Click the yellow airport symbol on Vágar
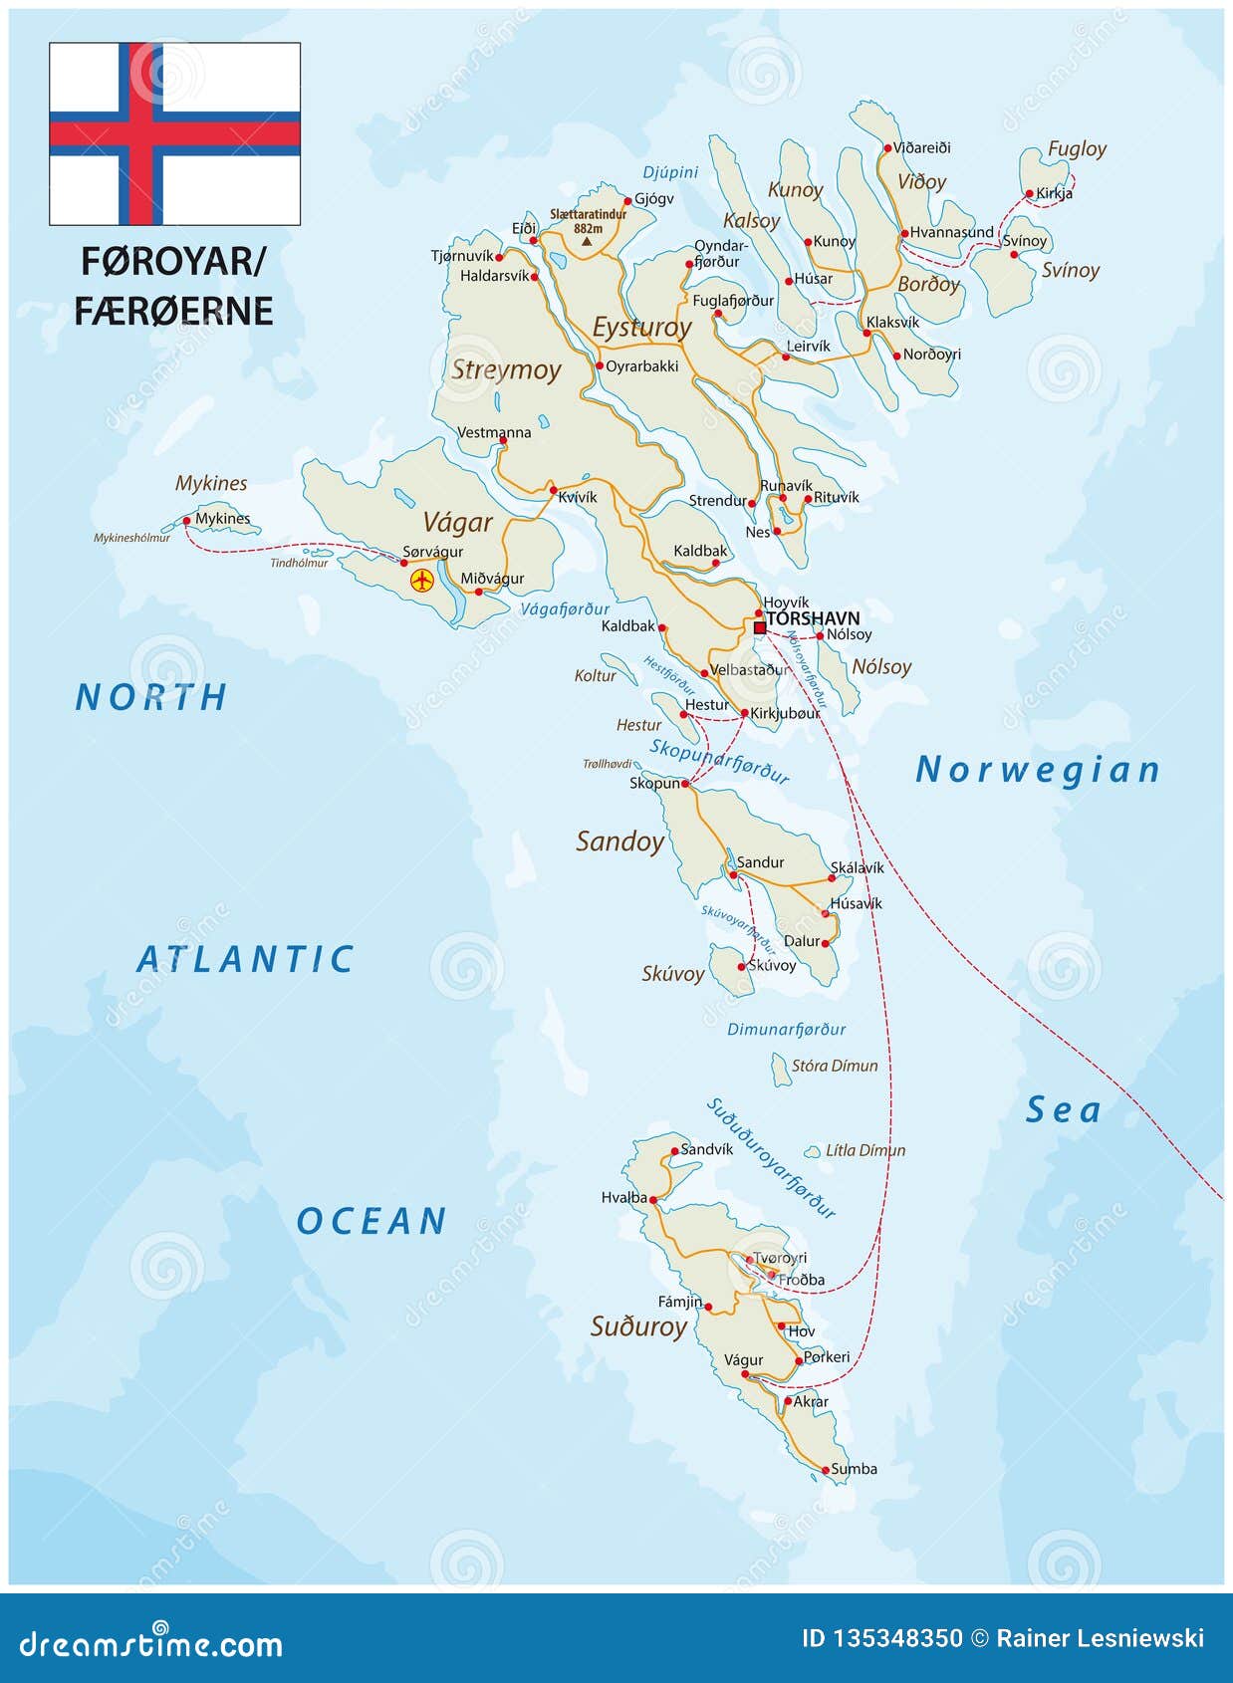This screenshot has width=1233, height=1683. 422,580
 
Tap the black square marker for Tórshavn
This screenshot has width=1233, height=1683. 760,627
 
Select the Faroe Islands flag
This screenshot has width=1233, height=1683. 175,133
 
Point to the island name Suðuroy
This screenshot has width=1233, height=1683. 638,1326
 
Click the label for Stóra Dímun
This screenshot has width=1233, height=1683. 835,1066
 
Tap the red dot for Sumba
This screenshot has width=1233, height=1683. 826,1470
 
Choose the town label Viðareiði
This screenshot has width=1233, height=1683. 921,147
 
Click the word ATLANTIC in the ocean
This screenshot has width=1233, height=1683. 245,959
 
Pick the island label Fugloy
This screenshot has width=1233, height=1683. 1077,148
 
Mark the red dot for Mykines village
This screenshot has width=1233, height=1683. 186,521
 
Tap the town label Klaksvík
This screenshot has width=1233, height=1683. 892,322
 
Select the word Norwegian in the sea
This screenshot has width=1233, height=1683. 1038,770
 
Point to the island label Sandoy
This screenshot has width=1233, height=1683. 619,841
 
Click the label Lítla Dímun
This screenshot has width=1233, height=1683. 865,1150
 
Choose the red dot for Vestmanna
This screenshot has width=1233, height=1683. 503,440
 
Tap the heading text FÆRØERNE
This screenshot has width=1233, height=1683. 173,311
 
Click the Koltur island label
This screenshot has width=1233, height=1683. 595,675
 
